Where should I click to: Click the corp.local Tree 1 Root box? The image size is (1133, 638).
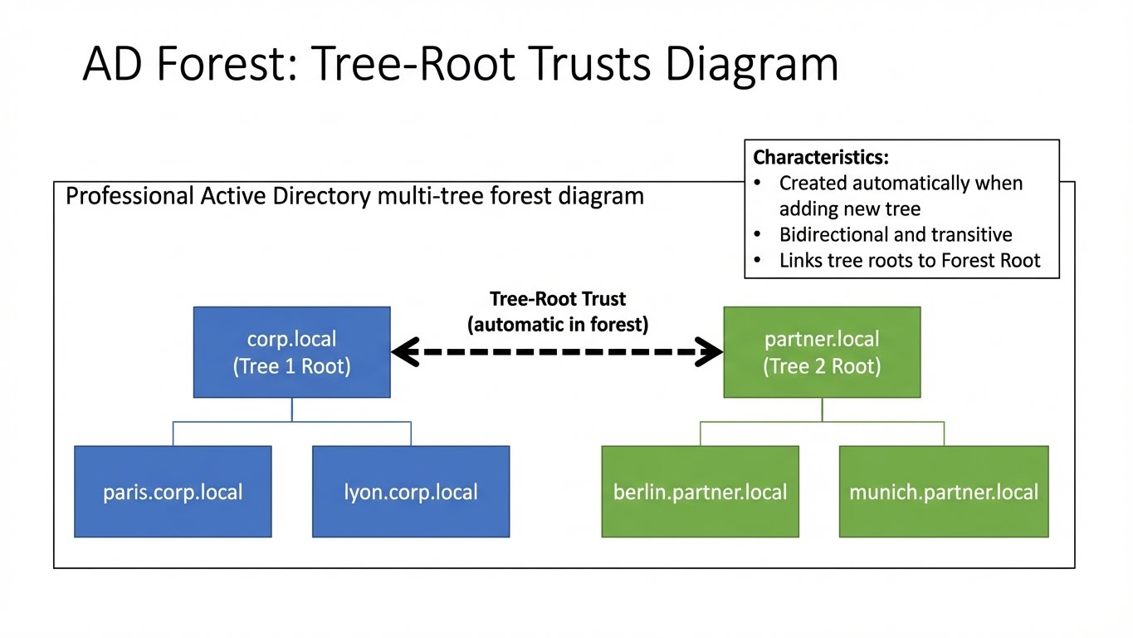pyautogui.click(x=291, y=352)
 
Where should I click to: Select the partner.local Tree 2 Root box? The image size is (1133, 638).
pyautogui.click(x=822, y=352)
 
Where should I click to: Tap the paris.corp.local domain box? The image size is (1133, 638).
pyautogui.click(x=173, y=492)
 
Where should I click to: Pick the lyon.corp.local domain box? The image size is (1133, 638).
pyautogui.click(x=411, y=492)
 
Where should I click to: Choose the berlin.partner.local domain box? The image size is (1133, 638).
pyautogui.click(x=700, y=492)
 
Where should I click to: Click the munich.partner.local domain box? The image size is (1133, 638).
pyautogui.click(x=944, y=492)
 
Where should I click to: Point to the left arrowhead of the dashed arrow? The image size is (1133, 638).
pyautogui.click(x=403, y=352)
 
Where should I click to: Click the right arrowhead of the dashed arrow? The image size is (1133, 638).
pyautogui.click(x=711, y=352)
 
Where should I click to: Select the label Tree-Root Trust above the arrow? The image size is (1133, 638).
pyautogui.click(x=558, y=299)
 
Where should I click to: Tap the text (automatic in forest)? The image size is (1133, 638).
pyautogui.click(x=558, y=324)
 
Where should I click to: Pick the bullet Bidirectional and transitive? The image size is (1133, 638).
pyautogui.click(x=896, y=234)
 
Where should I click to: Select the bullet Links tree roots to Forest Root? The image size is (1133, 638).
pyautogui.click(x=909, y=261)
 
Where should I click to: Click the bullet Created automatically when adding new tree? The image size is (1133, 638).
pyautogui.click(x=901, y=195)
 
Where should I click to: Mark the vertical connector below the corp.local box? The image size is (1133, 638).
pyautogui.click(x=291, y=410)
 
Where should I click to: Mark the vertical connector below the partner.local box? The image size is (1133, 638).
pyautogui.click(x=822, y=410)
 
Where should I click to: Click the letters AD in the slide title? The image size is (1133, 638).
pyautogui.click(x=111, y=64)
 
